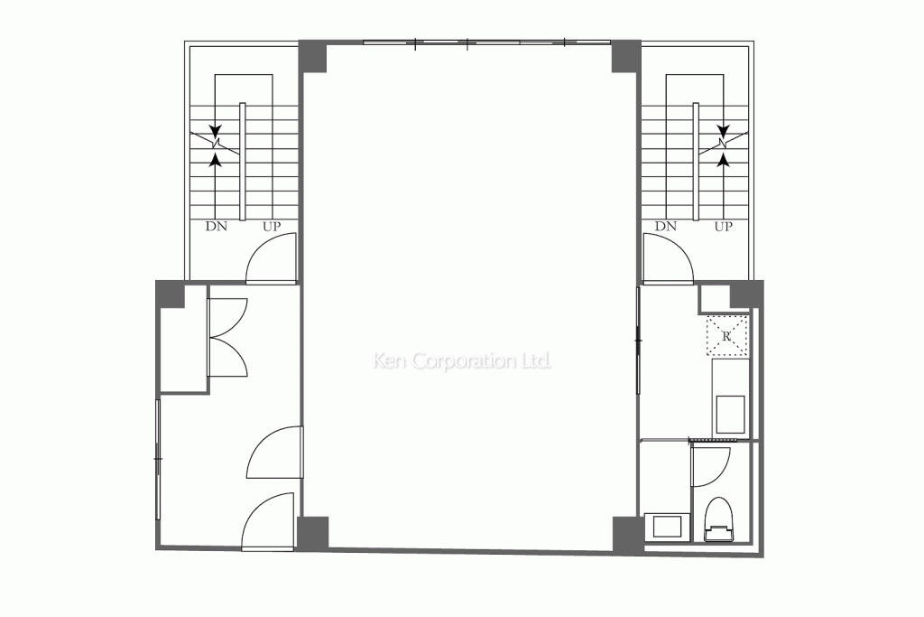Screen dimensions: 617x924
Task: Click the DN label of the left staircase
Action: coord(217,227)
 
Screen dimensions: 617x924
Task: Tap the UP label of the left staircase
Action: coord(271,227)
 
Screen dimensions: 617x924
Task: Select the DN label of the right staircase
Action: coord(666,227)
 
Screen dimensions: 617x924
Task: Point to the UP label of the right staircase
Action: coord(723,227)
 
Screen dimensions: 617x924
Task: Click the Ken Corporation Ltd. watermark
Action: coord(462,361)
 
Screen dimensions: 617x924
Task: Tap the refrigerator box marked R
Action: coord(727,335)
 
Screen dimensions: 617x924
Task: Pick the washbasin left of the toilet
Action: coord(667,527)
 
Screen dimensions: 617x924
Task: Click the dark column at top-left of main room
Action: coord(313,57)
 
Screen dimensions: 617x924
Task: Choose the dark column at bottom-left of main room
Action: coord(313,533)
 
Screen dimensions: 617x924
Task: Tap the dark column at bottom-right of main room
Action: coord(625,535)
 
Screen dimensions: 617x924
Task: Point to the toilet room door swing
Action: coord(707,465)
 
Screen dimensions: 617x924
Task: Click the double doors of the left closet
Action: coord(227,338)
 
